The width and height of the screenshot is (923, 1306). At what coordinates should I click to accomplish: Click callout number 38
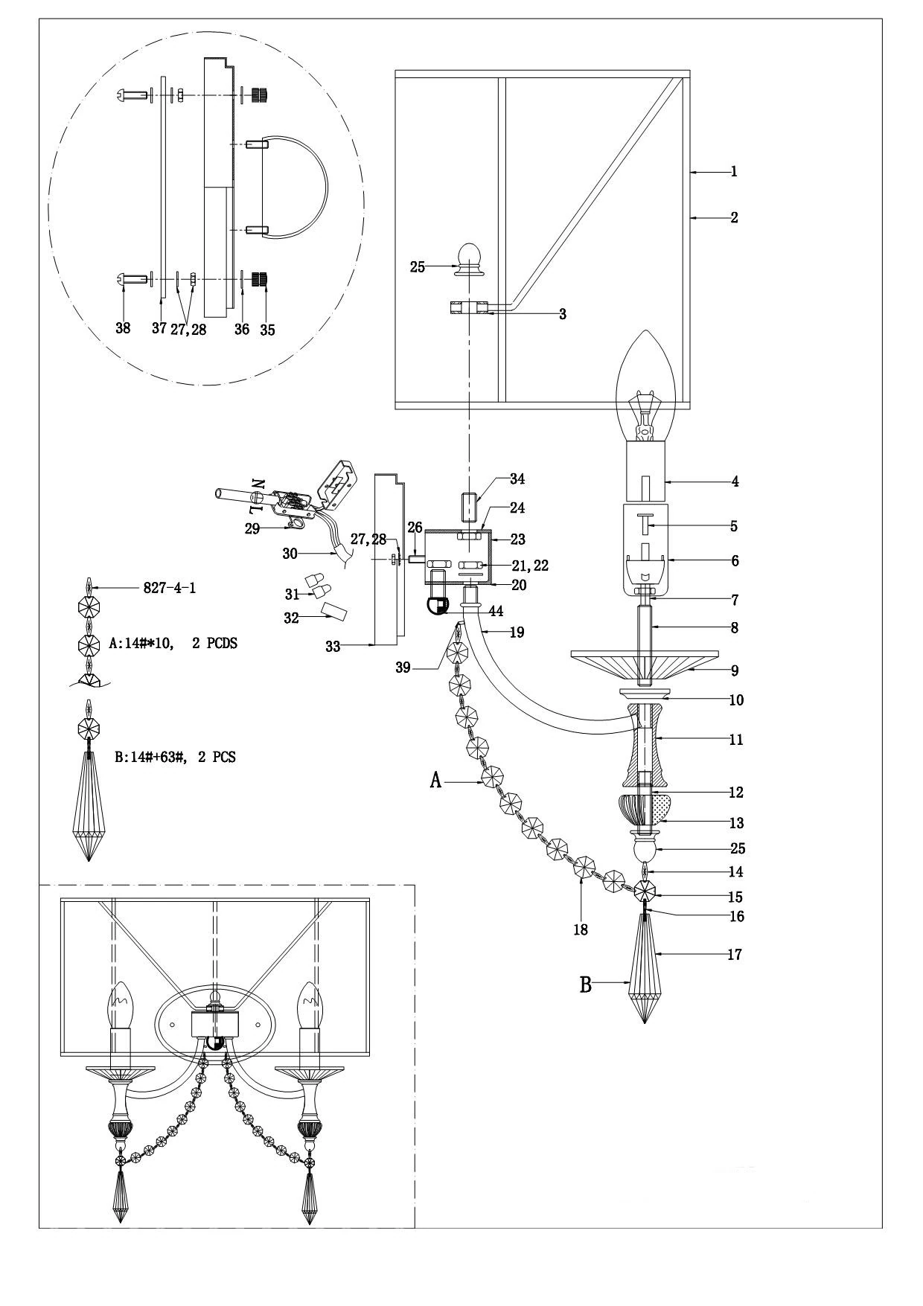[124, 327]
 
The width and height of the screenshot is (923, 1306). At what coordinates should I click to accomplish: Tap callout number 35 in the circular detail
[267, 330]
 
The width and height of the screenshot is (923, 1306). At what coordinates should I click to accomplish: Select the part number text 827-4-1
[169, 588]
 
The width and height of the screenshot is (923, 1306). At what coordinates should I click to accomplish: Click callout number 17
[734, 954]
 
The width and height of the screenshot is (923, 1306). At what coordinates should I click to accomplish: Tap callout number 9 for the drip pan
[735, 670]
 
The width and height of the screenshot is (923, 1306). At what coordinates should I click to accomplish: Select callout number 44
[495, 611]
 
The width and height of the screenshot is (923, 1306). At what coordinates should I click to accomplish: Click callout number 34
[517, 479]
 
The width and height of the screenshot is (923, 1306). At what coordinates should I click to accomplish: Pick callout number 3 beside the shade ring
[563, 314]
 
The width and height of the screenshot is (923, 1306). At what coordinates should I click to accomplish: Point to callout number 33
[333, 647]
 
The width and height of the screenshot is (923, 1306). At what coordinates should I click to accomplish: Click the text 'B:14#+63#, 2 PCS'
[175, 758]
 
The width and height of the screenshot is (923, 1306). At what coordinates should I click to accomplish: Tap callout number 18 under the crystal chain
[581, 929]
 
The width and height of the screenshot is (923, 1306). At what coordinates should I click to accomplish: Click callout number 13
[736, 823]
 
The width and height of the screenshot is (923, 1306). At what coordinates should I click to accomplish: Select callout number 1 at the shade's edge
[734, 172]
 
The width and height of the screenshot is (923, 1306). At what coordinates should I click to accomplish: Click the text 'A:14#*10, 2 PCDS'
[173, 644]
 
